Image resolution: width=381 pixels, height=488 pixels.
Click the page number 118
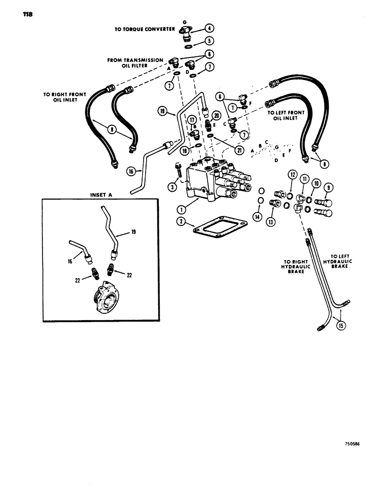pos(27,14)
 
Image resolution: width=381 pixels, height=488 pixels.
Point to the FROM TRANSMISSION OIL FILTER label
pos(136,63)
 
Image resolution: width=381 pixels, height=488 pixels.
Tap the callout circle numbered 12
pos(292,174)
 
